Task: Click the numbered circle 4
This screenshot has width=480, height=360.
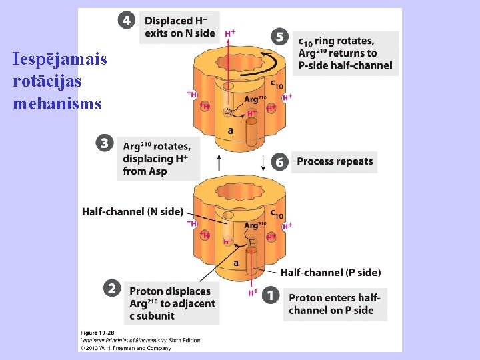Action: (127, 20)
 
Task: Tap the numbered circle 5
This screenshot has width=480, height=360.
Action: (280, 37)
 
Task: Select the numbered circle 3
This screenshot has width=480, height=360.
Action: (103, 143)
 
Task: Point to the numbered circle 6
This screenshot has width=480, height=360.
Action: (280, 162)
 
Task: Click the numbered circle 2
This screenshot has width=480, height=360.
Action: (113, 288)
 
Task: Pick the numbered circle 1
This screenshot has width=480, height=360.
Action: (271, 295)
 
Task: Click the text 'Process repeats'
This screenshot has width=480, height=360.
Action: (335, 162)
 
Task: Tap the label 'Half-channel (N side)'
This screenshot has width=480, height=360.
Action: (133, 212)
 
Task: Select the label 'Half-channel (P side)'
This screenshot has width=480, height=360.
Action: (330, 272)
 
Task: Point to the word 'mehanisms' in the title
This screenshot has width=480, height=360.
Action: (57, 104)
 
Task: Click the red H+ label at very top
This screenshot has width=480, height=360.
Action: (230, 33)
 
